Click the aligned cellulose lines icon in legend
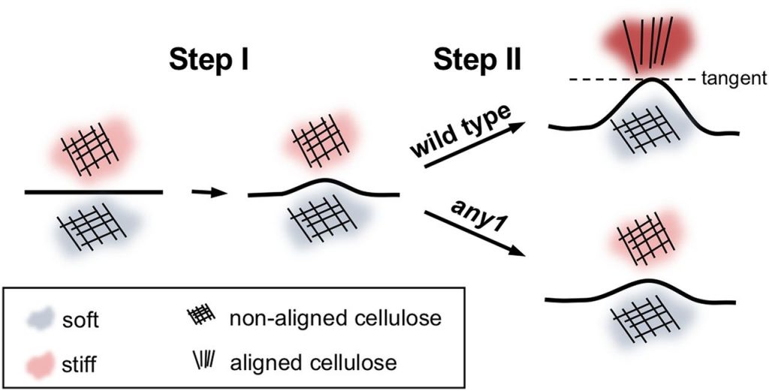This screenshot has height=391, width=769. (x=204, y=362)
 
